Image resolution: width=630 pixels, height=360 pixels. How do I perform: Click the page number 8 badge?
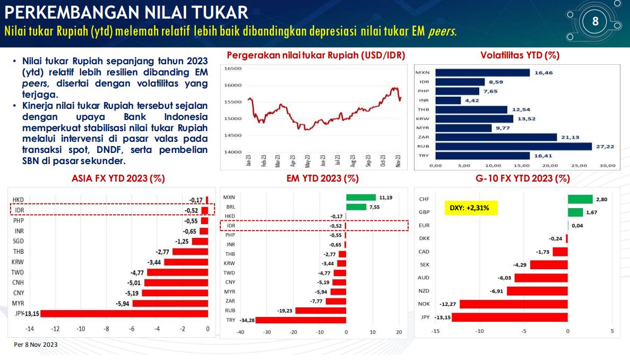pyautogui.click(x=595, y=22)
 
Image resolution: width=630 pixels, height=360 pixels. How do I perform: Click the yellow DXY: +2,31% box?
pyautogui.click(x=470, y=207)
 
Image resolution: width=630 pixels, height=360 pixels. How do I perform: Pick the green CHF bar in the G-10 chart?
pyautogui.click(x=580, y=199)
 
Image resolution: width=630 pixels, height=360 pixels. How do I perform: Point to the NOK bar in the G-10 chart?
pyautogui.click(x=513, y=304)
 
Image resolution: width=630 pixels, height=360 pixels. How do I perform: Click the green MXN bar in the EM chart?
pyautogui.click(x=360, y=197)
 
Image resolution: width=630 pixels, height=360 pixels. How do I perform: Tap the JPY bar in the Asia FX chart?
pyautogui.click(x=124, y=313)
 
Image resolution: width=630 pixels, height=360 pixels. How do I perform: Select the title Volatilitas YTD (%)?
pyautogui.click(x=520, y=55)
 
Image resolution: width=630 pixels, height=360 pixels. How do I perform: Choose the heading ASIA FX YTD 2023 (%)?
pyautogui.click(x=118, y=179)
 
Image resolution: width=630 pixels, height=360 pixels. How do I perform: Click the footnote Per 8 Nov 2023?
pyautogui.click(x=36, y=345)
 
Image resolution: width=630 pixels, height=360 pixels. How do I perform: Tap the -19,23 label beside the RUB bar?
pyautogui.click(x=286, y=310)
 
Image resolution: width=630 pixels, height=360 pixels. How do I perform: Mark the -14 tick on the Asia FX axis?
pyautogui.click(x=30, y=329)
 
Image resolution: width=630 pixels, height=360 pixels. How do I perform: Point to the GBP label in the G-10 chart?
pyautogui.click(x=424, y=212)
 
